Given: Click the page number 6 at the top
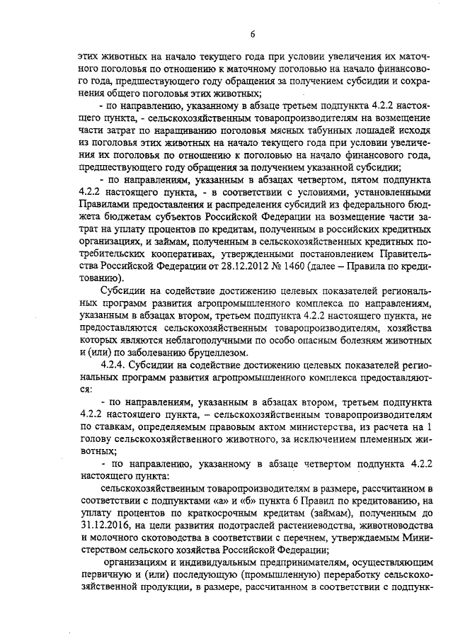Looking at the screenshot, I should pos(252,34).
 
